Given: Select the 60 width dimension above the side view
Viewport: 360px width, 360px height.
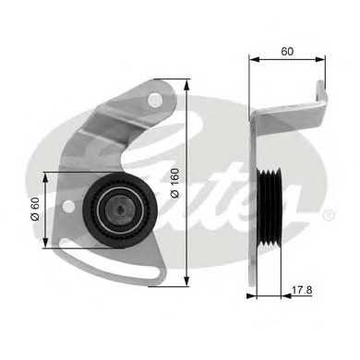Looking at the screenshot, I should tap(288, 53).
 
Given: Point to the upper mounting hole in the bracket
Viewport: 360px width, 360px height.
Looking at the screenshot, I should tap(155, 98).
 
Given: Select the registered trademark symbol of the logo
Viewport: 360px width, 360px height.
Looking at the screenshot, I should tap(330, 215).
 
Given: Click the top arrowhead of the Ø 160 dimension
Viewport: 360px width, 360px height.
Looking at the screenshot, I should tap(188, 81).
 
